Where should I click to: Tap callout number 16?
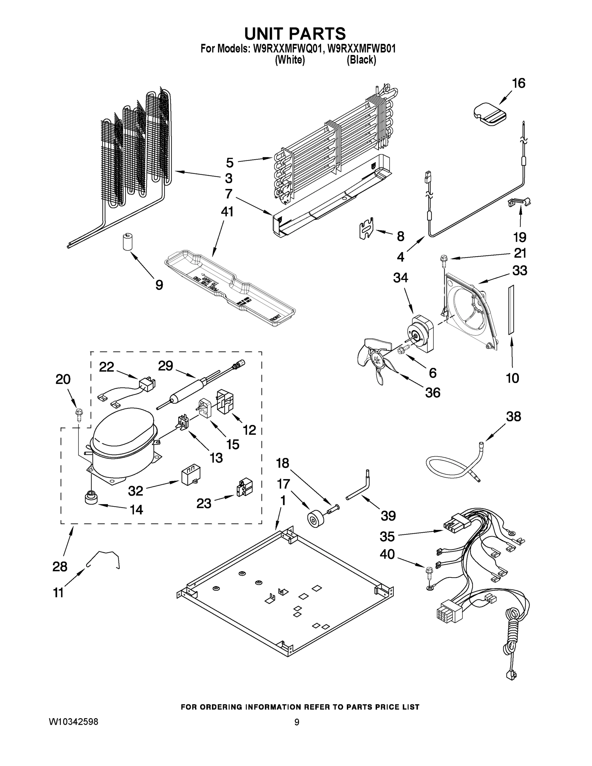click(x=519, y=84)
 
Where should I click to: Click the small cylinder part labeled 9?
click(x=127, y=242)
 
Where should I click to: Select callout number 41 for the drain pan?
click(x=227, y=212)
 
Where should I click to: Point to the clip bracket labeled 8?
click(x=367, y=228)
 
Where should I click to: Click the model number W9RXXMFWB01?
click(x=361, y=49)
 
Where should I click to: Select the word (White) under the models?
click(x=290, y=60)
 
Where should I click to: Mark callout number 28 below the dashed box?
click(x=60, y=567)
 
